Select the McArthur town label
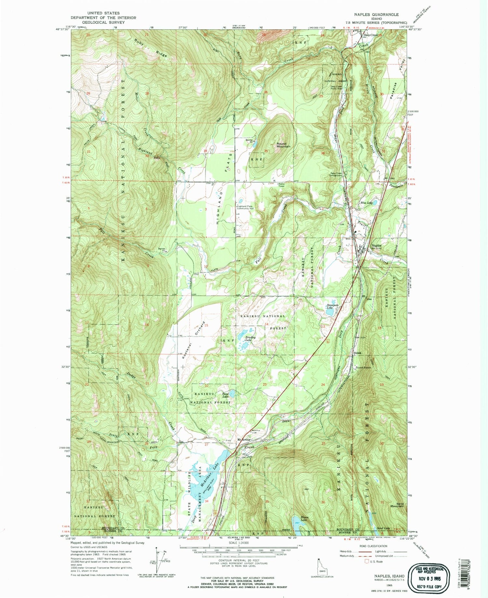pyautogui.click(x=244, y=440)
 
